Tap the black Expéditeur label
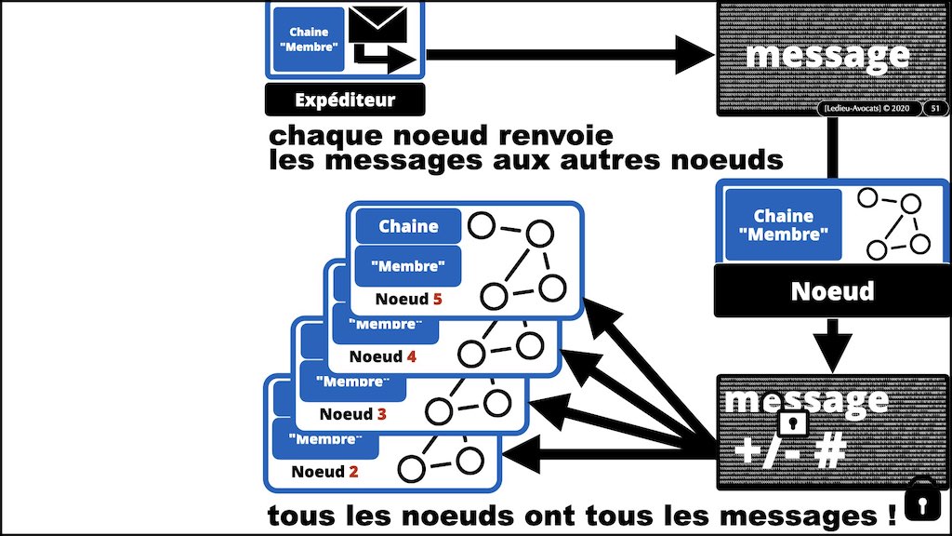tap(344, 100)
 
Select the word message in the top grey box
tap(826, 55)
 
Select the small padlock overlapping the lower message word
tap(792, 424)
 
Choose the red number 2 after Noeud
tap(352, 471)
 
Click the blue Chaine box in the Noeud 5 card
tap(408, 226)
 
